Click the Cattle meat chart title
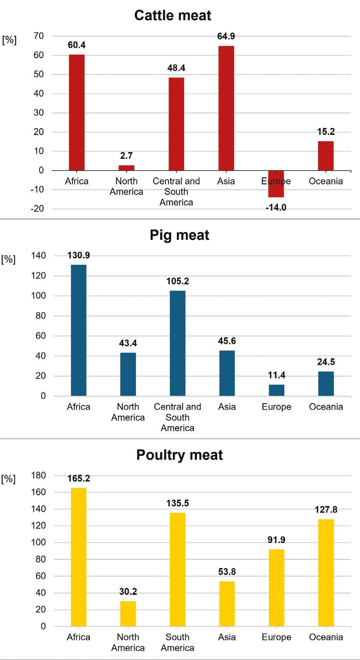[x=173, y=16]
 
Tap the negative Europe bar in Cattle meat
[x=276, y=184]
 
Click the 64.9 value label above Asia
[x=226, y=36]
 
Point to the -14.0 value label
[x=276, y=208]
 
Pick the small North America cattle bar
[x=126, y=168]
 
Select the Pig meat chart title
[x=180, y=235]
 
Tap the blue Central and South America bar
[x=178, y=343]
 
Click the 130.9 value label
[x=79, y=255]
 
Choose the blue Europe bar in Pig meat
[x=277, y=390]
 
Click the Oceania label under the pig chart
[x=326, y=407]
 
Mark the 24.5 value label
[x=326, y=362]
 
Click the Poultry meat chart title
[x=180, y=455]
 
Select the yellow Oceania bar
[x=326, y=573]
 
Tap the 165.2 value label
[x=79, y=478]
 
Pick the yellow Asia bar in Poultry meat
[x=227, y=604]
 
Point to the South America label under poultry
[x=178, y=642]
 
